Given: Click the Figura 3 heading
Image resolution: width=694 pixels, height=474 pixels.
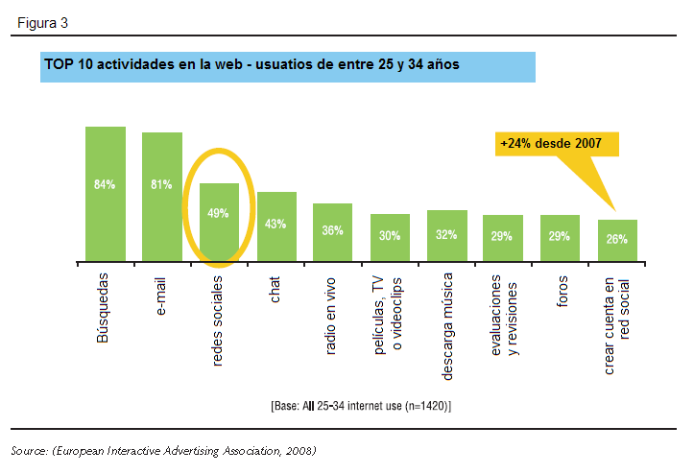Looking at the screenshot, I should pyautogui.click(x=43, y=21).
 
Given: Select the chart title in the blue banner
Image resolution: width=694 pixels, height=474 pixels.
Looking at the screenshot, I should pyautogui.click(x=251, y=65).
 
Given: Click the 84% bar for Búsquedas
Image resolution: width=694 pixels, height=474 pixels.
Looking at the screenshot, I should pyautogui.click(x=105, y=192).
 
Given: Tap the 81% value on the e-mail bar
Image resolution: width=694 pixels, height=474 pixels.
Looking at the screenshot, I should pyautogui.click(x=161, y=185).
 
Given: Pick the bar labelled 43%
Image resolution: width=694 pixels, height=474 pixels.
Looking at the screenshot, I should pyautogui.click(x=276, y=225).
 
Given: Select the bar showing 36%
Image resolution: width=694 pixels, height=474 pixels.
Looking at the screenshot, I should pyautogui.click(x=333, y=231).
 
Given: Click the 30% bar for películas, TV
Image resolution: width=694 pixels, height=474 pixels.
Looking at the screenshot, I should pyautogui.click(x=390, y=236).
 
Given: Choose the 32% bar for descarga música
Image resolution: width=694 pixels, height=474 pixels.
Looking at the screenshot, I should pyautogui.click(x=446, y=234).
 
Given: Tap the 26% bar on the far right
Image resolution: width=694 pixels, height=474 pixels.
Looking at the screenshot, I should pyautogui.click(x=617, y=239).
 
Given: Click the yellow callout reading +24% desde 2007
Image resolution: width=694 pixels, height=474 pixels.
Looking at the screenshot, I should pyautogui.click(x=552, y=144).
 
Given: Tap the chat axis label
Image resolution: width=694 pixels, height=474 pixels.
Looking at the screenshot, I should pyautogui.click(x=276, y=289).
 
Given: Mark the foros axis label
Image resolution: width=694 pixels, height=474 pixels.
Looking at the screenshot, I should pyautogui.click(x=562, y=292).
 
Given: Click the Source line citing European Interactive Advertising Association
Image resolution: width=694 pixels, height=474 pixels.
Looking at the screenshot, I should pyautogui.click(x=163, y=450).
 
